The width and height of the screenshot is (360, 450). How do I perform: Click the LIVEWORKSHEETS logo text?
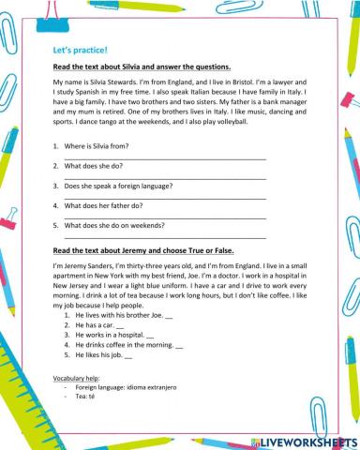[x=307, y=440]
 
